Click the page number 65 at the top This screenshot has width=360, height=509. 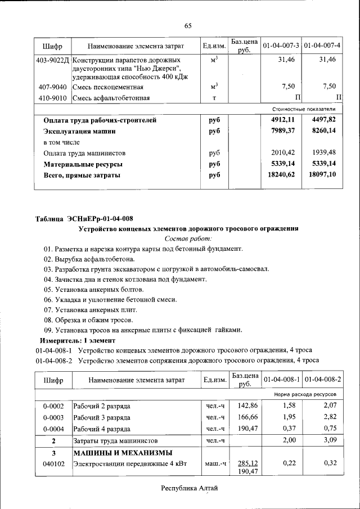tap(188, 26)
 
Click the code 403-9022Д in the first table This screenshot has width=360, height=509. tap(52, 60)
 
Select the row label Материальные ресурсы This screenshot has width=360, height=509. tap(83, 164)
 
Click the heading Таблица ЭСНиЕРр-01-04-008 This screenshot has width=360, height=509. tap(84, 218)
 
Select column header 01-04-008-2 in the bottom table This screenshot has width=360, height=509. tap(322, 380)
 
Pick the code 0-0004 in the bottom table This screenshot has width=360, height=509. tap(53, 429)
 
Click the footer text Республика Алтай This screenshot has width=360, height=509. tap(189, 488)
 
